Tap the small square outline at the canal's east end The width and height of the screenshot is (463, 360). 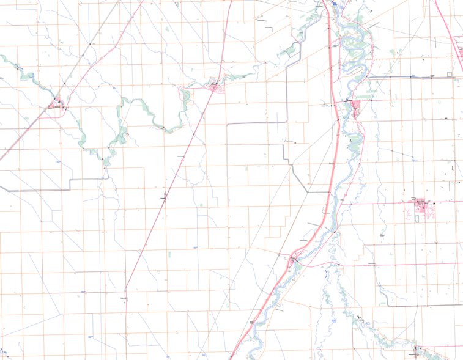(x=451, y=75)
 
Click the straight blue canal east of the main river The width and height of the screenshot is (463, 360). (x=404, y=77)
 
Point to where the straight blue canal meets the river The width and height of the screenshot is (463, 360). (x=368, y=77)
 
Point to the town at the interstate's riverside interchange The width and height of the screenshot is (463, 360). (x=294, y=259)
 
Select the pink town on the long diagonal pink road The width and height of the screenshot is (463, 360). (x=215, y=87)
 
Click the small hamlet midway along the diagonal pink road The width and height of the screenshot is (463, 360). (x=164, y=197)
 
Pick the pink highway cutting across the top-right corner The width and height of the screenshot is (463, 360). (x=450, y=31)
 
